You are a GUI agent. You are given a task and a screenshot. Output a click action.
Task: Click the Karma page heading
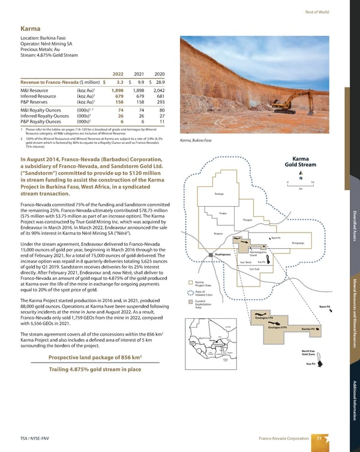[x=31, y=28]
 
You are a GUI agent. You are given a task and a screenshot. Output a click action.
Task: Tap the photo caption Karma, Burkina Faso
[x=197, y=141]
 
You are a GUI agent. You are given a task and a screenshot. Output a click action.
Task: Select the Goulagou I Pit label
[x=264, y=317]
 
